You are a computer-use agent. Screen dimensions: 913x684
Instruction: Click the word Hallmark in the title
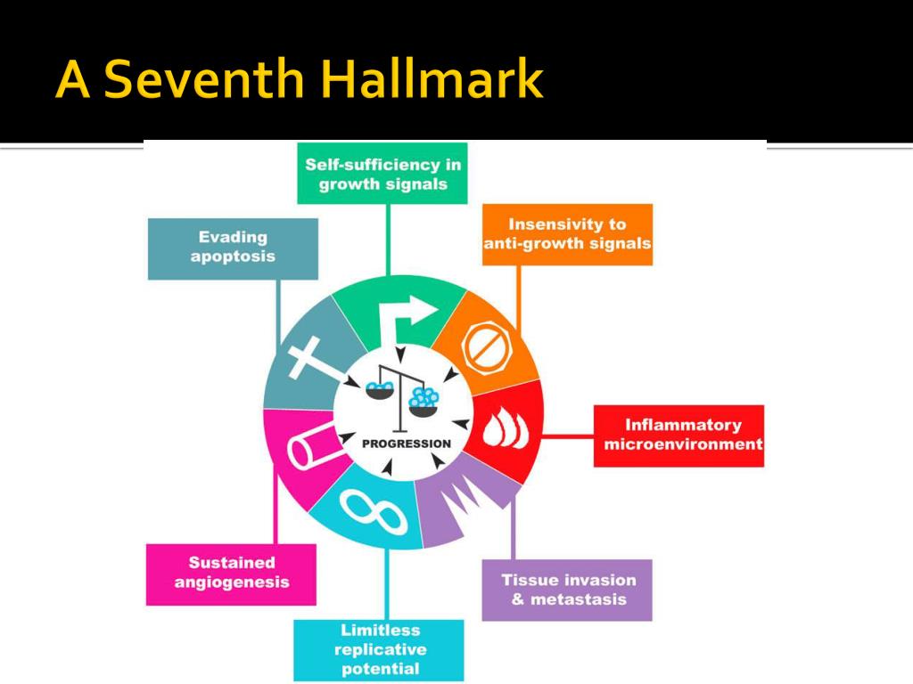(x=432, y=81)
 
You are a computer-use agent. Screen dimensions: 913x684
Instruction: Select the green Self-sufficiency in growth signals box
(x=382, y=174)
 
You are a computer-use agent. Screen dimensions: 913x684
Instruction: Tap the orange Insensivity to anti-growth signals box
(x=567, y=234)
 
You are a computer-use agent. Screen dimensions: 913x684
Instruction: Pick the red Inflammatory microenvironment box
(x=679, y=436)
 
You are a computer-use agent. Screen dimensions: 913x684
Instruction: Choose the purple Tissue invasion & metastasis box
(x=567, y=590)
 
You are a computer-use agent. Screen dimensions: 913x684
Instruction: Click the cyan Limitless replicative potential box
(x=380, y=649)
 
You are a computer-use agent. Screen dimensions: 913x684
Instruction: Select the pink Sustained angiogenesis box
(x=232, y=573)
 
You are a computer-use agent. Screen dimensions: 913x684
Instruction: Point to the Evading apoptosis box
(x=233, y=248)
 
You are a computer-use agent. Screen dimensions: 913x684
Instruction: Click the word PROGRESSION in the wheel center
(x=407, y=444)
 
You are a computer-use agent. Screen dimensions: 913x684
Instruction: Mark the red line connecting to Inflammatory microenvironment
(x=568, y=436)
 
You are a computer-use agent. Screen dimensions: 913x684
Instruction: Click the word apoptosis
(x=233, y=256)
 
